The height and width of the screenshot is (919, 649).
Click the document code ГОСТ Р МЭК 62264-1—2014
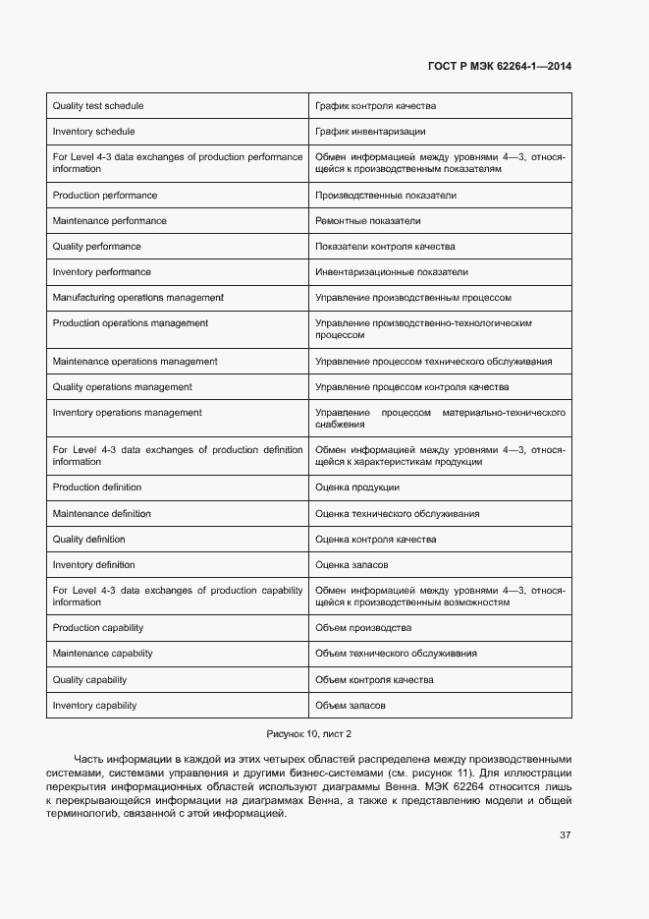click(499, 67)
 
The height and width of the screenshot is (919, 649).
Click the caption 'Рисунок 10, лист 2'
click(309, 734)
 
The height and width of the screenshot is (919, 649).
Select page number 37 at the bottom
click(566, 835)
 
